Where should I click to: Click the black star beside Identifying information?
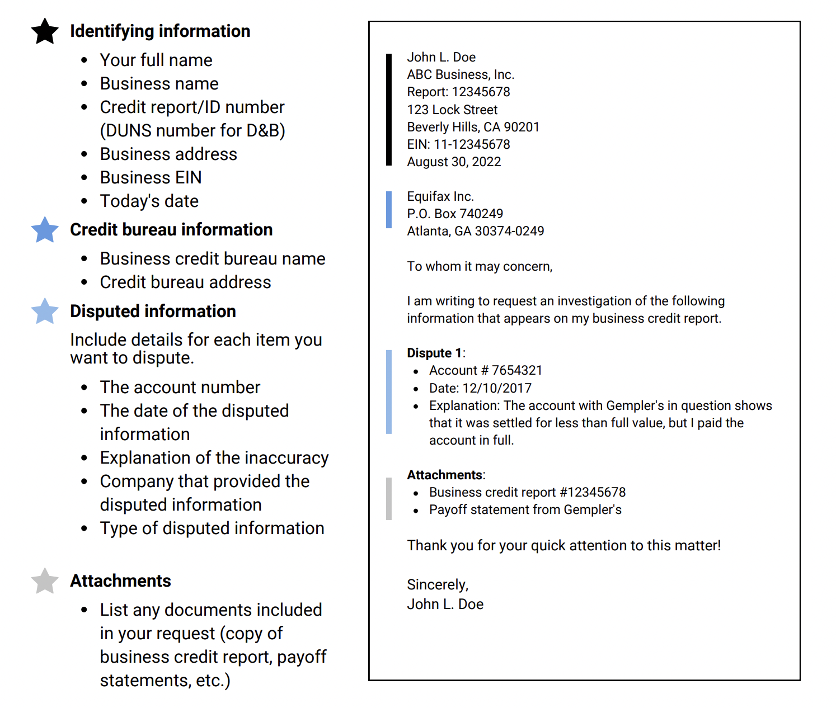click(45, 31)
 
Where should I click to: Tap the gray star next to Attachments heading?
click(45, 582)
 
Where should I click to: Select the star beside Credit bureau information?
click(45, 230)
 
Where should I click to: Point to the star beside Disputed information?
click(45, 311)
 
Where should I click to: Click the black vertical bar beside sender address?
click(389, 110)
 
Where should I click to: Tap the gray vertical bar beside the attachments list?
click(389, 499)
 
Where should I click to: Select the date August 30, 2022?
click(454, 162)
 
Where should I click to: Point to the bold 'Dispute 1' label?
click(434, 353)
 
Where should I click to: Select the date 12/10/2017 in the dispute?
click(497, 388)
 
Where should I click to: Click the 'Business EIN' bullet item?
click(151, 177)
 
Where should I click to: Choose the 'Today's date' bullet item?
click(149, 201)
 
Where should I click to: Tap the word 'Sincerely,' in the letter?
click(438, 584)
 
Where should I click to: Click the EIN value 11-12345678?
click(472, 144)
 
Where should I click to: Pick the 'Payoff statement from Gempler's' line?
click(525, 509)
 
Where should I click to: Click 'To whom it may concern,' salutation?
click(480, 266)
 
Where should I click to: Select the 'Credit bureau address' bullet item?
click(185, 282)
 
